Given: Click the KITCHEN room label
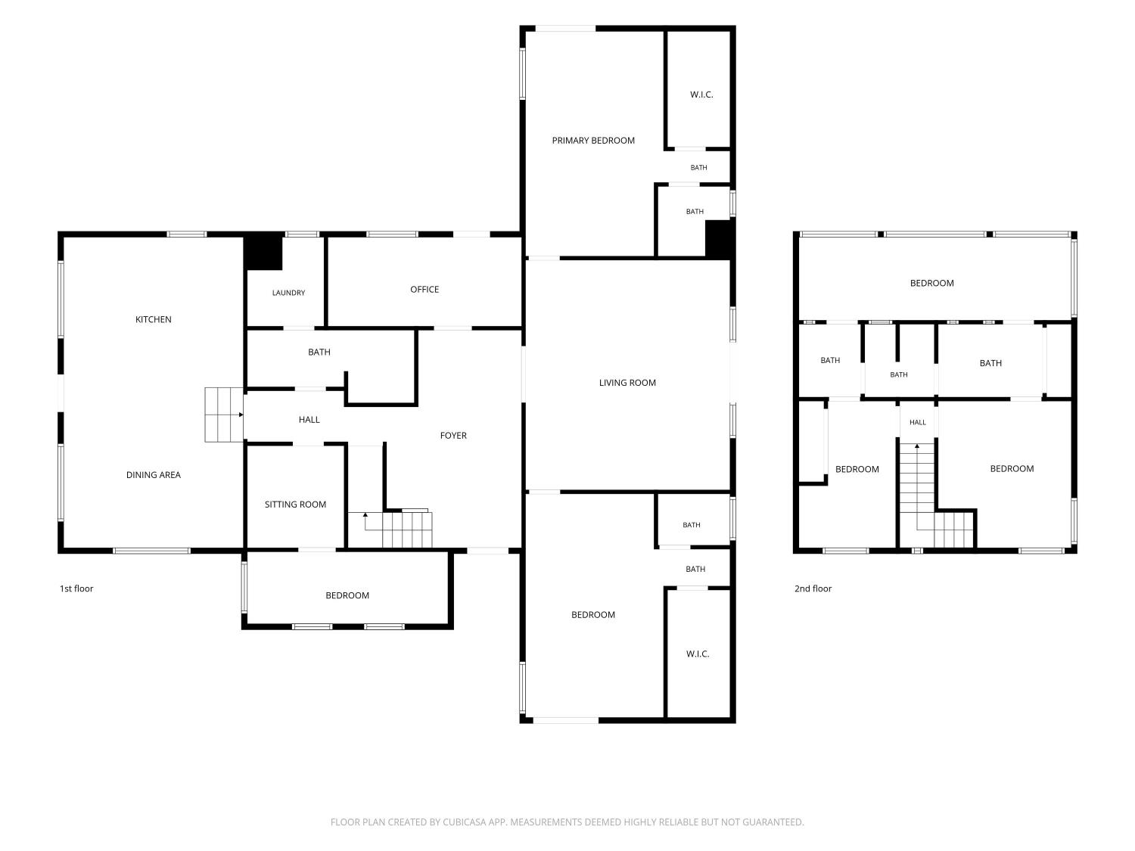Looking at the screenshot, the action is (153, 319).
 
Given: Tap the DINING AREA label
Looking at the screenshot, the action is (153, 475).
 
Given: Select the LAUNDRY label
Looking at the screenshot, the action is (288, 293).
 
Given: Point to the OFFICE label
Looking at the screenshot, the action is (424, 290).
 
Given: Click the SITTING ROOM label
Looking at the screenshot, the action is (295, 505).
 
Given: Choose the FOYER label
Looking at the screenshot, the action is (453, 436).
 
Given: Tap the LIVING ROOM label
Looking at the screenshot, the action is (627, 383).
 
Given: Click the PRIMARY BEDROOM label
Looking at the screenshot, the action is (593, 141).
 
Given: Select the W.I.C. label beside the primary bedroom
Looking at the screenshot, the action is (701, 95).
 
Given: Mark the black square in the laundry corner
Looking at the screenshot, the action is (264, 253).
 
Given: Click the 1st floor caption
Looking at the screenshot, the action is (76, 589).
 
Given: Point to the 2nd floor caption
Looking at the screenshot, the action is (813, 589).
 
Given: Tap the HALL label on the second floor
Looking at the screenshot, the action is (917, 422).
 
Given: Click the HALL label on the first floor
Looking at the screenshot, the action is (309, 420).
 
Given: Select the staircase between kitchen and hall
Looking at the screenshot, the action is (224, 415).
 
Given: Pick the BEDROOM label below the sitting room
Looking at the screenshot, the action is (347, 595).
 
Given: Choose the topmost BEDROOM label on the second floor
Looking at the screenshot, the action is (931, 283).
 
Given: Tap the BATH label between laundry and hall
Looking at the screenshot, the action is (319, 352).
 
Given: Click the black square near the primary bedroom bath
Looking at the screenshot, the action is (719, 238).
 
